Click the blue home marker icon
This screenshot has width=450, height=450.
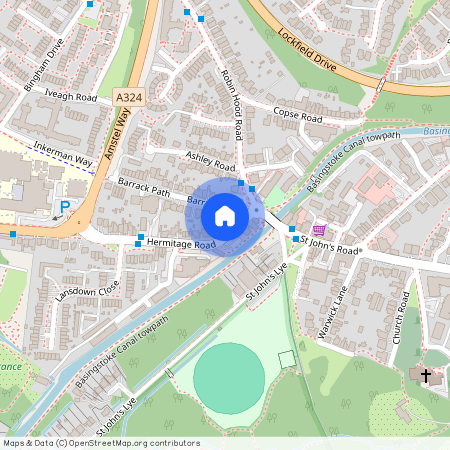tap(225, 216)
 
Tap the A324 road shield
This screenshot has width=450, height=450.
tap(127, 97)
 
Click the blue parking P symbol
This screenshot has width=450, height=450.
tap(65, 207)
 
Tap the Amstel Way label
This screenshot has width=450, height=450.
tap(116, 137)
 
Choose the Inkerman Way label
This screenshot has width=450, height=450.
tap(62, 153)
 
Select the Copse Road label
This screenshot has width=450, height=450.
tap(298, 118)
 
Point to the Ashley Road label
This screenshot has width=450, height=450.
tap(210, 161)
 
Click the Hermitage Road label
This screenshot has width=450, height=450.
tap(181, 244)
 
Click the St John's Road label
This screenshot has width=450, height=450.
tap(334, 243)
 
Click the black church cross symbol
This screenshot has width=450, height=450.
tap(426, 376)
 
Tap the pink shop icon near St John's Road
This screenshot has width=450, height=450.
tap(318, 228)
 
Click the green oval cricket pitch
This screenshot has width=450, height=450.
tap(229, 377)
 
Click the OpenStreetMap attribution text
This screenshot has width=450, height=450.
tap(100, 443)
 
